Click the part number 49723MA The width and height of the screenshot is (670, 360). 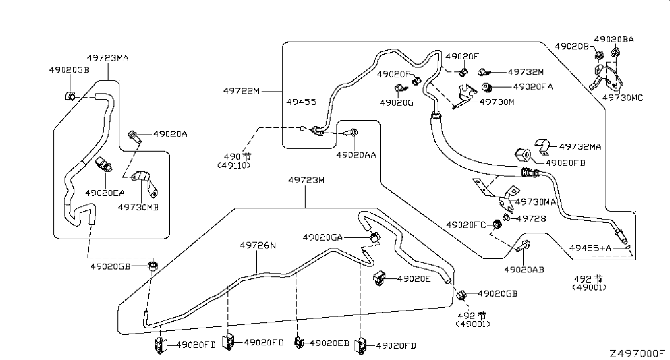(108, 58)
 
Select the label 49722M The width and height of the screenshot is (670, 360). (242, 90)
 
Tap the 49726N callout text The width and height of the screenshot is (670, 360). (258, 245)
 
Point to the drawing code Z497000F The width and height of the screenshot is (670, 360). (637, 353)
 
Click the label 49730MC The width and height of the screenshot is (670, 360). (622, 98)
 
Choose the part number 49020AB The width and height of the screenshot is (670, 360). (524, 270)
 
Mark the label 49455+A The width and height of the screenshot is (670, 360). (590, 248)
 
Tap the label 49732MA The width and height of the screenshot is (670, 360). (580, 146)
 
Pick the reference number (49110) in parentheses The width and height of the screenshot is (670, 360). (234, 165)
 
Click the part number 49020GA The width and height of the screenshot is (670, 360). (323, 237)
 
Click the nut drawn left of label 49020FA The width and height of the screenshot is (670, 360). (487, 88)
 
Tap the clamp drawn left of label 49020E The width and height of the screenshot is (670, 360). (380, 278)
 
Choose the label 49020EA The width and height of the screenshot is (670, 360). (105, 193)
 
